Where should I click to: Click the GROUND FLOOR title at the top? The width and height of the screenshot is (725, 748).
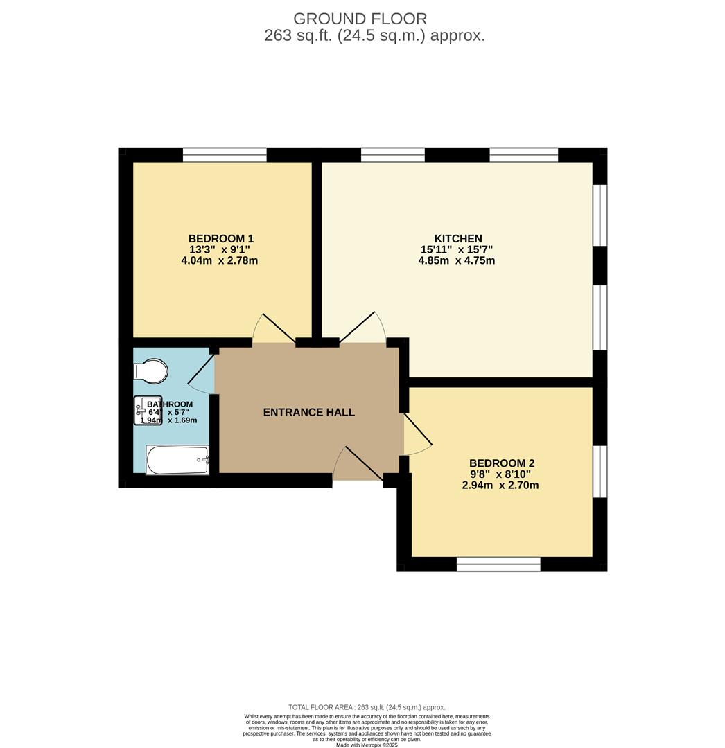tap(360, 19)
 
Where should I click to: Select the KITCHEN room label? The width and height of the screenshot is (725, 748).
tap(457, 238)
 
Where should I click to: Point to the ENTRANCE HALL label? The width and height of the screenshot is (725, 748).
tap(309, 412)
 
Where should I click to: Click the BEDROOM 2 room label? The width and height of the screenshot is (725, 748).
tap(502, 463)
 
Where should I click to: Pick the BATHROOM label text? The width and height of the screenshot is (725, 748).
tap(169, 404)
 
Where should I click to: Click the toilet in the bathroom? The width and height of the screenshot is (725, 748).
tap(151, 371)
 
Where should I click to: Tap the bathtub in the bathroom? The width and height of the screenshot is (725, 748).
tap(177, 460)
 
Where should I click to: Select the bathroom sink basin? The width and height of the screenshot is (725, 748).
tap(148, 410)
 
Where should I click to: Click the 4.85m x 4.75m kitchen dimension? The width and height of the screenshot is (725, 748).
tap(457, 261)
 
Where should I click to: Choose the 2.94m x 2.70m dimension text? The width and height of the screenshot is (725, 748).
tap(500, 486)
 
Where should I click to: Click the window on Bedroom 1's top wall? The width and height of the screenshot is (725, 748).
tap(225, 154)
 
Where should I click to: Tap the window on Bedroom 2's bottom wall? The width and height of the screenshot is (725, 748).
tap(498, 564)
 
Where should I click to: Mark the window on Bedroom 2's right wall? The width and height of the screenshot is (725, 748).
tap(600, 472)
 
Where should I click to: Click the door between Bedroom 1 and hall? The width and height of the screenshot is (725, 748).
tap(272, 330)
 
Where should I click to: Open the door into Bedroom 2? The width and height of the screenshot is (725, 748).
tap(417, 436)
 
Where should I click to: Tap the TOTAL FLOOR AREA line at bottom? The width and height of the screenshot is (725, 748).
tap(367, 707)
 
